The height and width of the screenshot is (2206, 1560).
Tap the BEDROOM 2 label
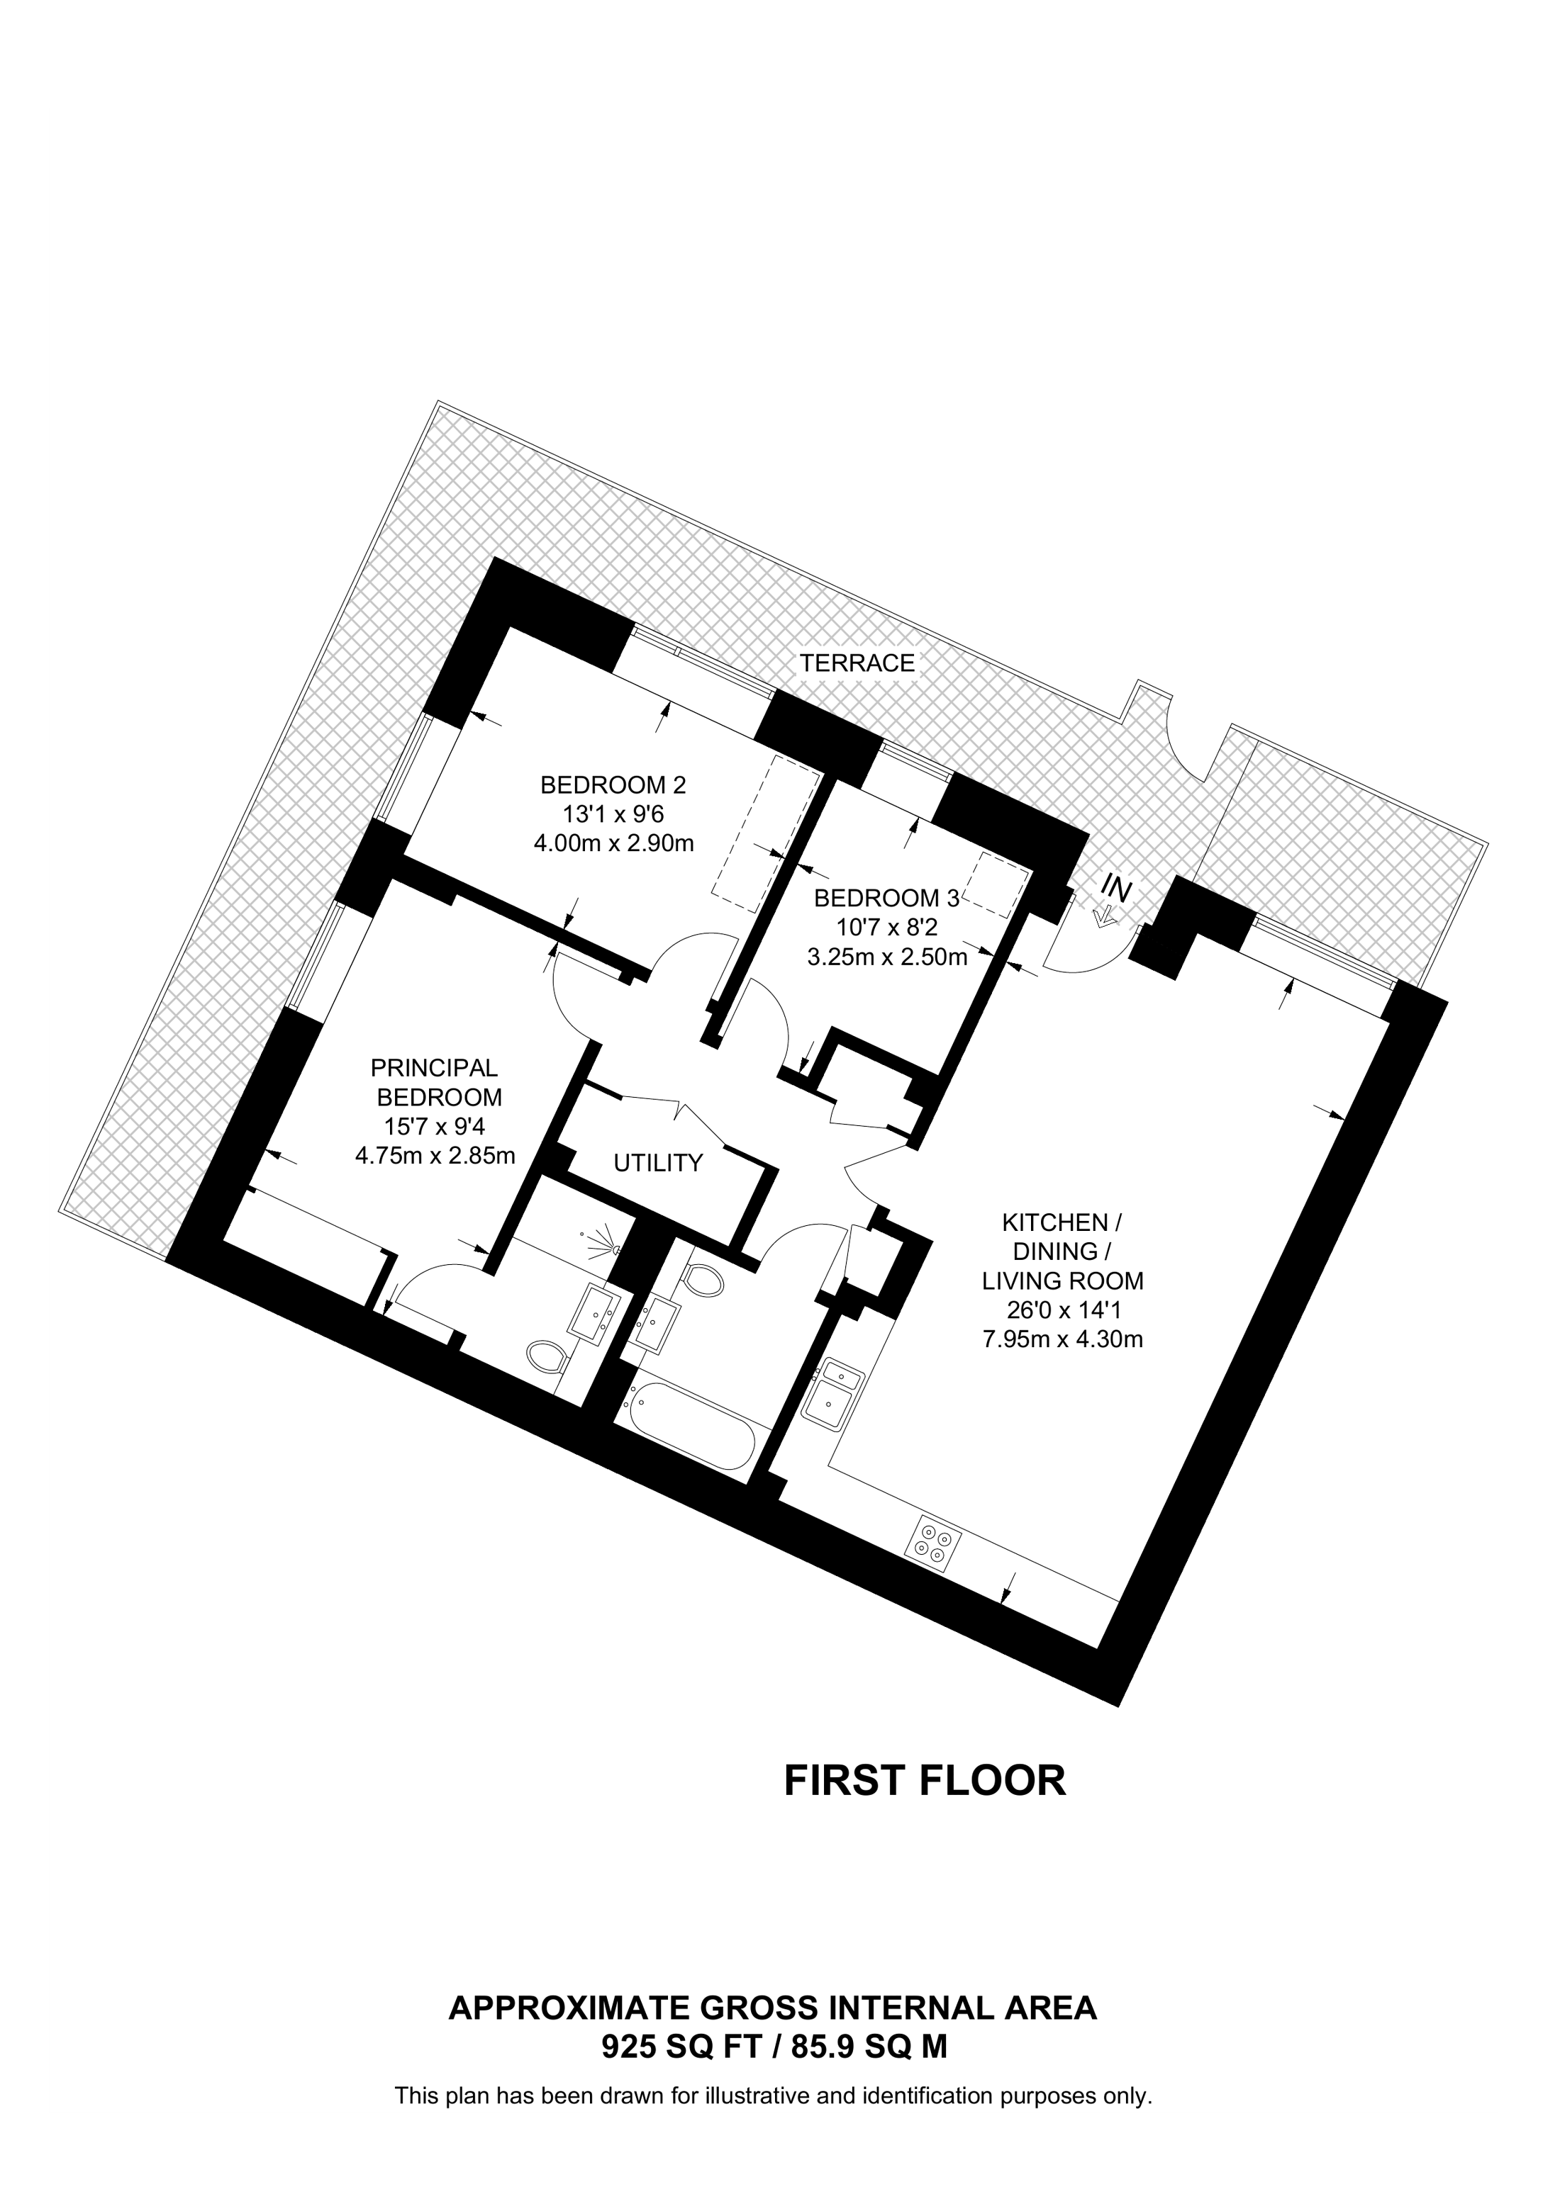(613, 785)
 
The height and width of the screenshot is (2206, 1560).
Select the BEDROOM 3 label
(886, 899)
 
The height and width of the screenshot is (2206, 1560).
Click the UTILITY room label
(659, 1164)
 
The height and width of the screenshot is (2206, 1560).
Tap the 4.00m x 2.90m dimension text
(613, 843)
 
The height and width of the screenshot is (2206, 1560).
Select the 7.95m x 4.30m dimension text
(1062, 1339)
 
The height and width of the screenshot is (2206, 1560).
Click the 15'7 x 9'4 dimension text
(435, 1126)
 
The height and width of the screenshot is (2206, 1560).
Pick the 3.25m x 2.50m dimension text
(886, 957)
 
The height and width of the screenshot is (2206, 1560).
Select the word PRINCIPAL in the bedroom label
(435, 1067)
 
